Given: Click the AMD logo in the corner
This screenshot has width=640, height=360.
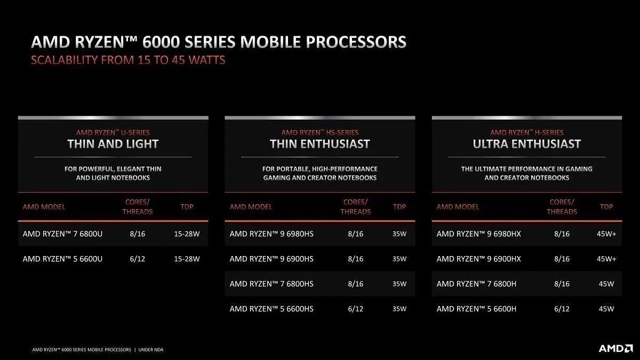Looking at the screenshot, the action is click(615, 348).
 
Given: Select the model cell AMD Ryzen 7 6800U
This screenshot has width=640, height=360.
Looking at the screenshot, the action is click(62, 234).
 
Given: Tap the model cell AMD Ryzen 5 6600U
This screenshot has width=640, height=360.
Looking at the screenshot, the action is click(62, 259).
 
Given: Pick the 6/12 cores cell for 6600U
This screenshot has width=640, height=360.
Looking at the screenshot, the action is click(138, 259).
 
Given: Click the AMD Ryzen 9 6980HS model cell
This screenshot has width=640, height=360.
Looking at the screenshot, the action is click(271, 234).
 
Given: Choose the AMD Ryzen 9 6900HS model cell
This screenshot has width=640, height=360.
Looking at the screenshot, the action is click(271, 259).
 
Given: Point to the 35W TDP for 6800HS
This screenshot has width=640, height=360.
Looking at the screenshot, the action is click(399, 284).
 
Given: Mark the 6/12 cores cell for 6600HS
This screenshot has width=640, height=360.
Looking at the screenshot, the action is click(355, 309).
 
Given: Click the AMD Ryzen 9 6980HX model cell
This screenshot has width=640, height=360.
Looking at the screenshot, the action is click(478, 234).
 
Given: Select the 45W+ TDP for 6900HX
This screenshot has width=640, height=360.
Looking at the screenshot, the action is click(606, 259).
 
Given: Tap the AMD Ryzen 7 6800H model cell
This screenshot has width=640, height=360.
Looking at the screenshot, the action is click(476, 284).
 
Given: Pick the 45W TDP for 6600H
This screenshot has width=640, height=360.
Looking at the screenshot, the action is click(606, 309).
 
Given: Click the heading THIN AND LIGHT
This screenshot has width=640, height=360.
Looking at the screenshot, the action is click(113, 144).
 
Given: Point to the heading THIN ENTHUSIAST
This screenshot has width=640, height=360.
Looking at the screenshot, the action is click(319, 144).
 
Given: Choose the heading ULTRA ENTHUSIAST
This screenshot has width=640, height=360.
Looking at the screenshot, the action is click(526, 144).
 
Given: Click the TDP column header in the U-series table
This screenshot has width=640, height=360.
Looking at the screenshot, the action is click(187, 207).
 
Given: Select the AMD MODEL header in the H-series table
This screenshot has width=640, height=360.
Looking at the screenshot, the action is click(458, 207).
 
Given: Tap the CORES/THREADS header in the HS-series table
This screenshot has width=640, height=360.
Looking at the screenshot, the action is click(355, 207).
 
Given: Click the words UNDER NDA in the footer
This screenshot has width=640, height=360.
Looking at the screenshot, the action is click(151, 350).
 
